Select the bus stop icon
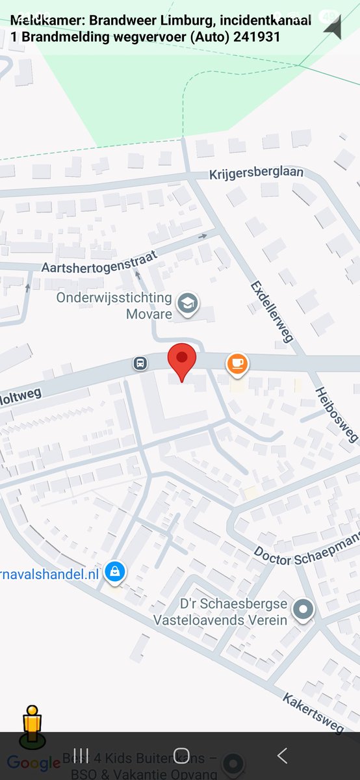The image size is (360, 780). point(140,363)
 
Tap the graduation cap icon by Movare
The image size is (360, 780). point(189,303)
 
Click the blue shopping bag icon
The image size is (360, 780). point(115,572)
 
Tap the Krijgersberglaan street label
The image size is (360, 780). point(256,175)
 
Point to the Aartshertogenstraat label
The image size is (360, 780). point(99,263)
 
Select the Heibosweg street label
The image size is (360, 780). point(337,415)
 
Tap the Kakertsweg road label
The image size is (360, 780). point(313,712)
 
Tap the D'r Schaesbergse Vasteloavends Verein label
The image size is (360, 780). point(220,612)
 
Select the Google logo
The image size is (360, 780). point(34,762)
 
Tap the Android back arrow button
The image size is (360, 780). point(281,755)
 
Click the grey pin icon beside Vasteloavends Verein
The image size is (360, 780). point(303,610)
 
